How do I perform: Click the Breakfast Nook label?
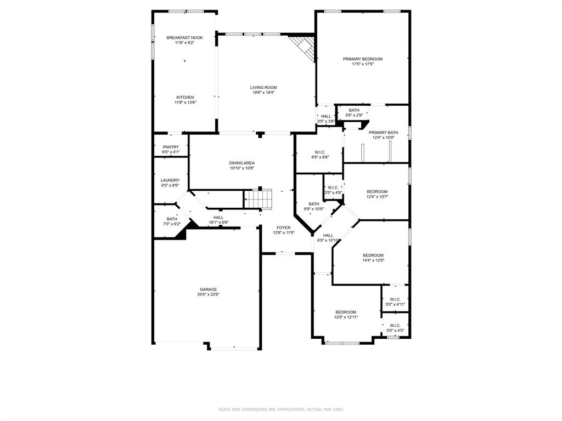click(184, 37)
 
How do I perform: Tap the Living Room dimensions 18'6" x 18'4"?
click(263, 93)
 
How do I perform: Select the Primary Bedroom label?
click(362, 59)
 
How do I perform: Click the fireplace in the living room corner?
click(304, 47)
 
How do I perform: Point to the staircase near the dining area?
click(258, 198)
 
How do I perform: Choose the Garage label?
click(208, 289)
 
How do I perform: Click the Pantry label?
click(171, 147)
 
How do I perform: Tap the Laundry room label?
click(170, 180)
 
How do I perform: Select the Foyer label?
click(283, 227)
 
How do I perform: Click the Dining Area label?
click(241, 163)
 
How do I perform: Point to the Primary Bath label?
click(383, 132)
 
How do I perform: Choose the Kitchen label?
click(185, 98)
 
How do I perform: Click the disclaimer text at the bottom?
click(281, 409)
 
